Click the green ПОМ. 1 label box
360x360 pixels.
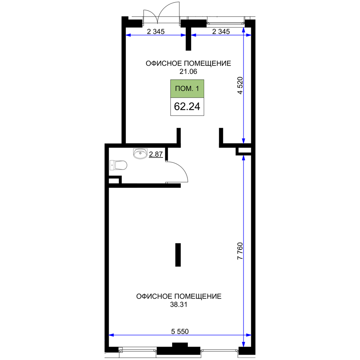coord(187,89)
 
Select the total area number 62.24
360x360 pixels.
coord(187,107)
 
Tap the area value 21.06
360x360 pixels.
coord(188,72)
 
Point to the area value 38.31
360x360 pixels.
coord(179,305)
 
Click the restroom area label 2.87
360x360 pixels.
coord(156,154)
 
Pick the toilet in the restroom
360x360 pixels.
coord(118,165)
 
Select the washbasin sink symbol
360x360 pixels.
coord(140,154)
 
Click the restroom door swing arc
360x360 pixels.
coord(177,172)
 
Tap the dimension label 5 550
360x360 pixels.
coord(180,331)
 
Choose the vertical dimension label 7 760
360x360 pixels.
coord(240,251)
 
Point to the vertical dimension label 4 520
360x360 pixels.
coord(240,85)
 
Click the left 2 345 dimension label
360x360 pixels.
coord(156,31)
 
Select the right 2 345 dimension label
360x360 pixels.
coord(221,31)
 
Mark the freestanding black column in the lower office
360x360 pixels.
coord(178,255)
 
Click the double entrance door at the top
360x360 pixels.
coord(161,13)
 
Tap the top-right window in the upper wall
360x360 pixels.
coord(226,23)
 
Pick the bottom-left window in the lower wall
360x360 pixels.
coord(138,350)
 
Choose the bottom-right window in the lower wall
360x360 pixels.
coord(220,350)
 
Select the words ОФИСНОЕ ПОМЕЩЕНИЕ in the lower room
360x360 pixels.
coord(179,296)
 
